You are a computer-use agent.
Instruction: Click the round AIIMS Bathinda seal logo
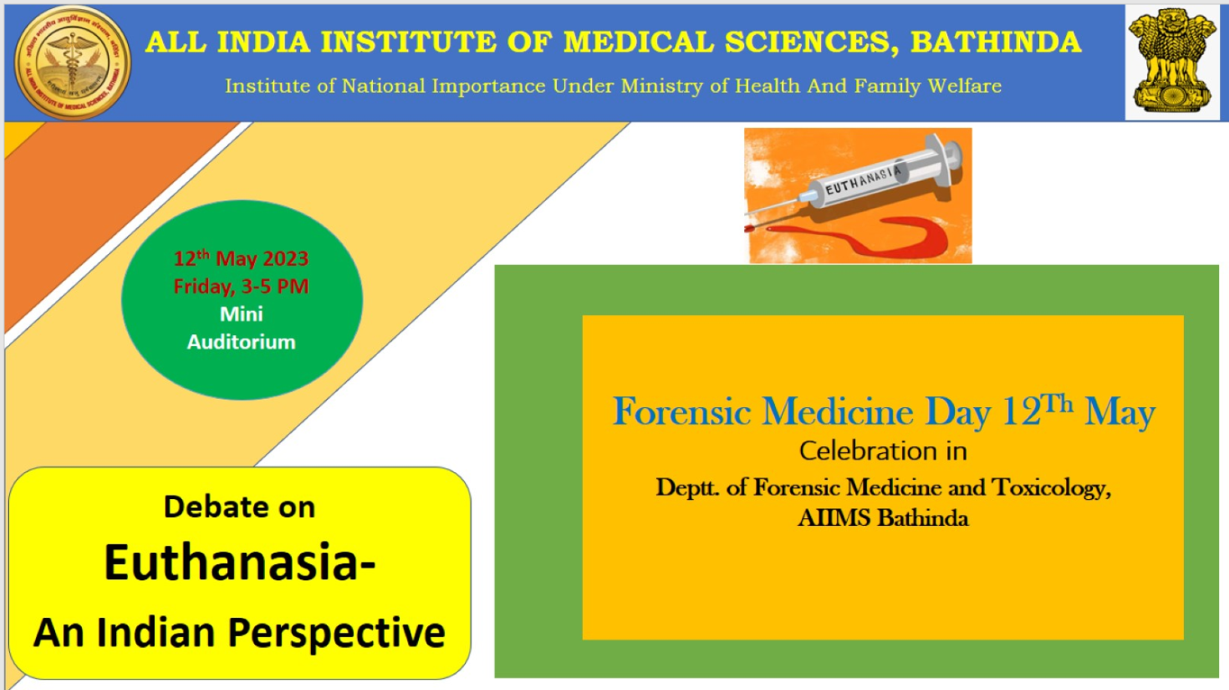[x=72, y=63]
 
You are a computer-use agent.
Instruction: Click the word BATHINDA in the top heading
[x=996, y=42]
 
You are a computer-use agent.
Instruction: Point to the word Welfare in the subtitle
[x=964, y=86]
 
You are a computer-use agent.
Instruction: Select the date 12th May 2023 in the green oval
[x=241, y=258]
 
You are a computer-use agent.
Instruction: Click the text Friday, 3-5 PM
[x=241, y=286]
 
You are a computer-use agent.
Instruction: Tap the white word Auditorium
[x=241, y=342]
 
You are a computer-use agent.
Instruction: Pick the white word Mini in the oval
[x=241, y=314]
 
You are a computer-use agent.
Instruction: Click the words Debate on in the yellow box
[x=239, y=507]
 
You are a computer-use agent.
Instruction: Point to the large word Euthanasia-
[x=240, y=563]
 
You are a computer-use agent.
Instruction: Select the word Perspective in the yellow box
[x=336, y=634]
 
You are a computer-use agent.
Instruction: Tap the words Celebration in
[x=883, y=451]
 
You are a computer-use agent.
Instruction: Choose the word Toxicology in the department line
[x=1051, y=487]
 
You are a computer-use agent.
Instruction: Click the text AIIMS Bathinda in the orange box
[x=883, y=518]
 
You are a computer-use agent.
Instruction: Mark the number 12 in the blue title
[x=1021, y=412]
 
